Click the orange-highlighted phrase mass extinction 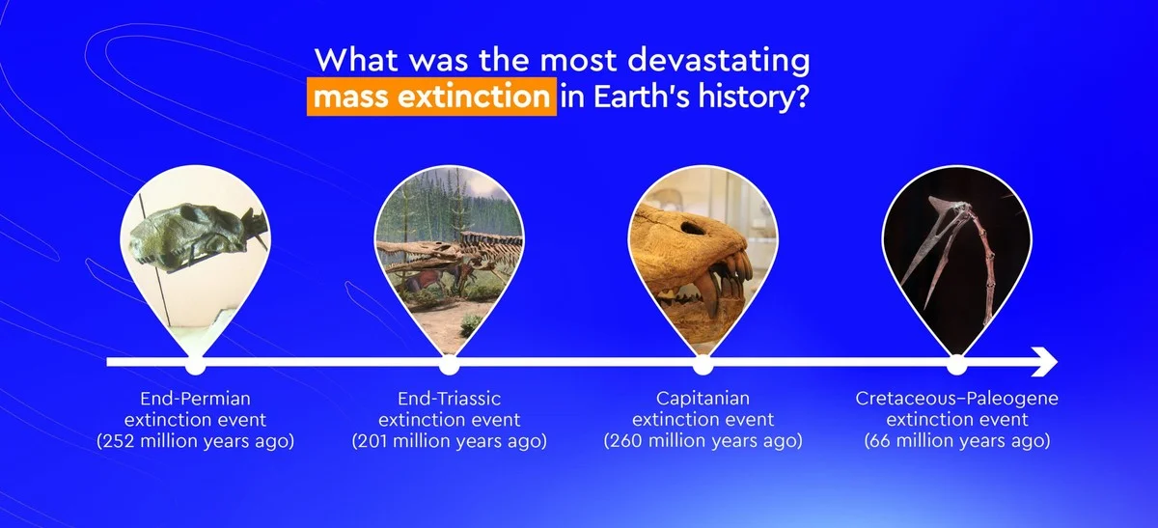pyautogui.click(x=431, y=97)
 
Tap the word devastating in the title pyautogui.click(x=719, y=61)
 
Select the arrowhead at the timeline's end pyautogui.click(x=1044, y=362)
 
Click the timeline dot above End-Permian pyautogui.click(x=195, y=365)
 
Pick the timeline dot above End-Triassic pyautogui.click(x=450, y=365)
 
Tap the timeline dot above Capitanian pyautogui.click(x=703, y=365)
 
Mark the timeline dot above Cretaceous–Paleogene pyautogui.click(x=957, y=365)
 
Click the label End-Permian pyautogui.click(x=195, y=399)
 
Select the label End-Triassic pyautogui.click(x=450, y=399)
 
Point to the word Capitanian pyautogui.click(x=703, y=399)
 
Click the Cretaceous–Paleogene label pyautogui.click(x=957, y=399)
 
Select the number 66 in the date pyautogui.click(x=880, y=441)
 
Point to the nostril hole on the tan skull pyautogui.click(x=690, y=228)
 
